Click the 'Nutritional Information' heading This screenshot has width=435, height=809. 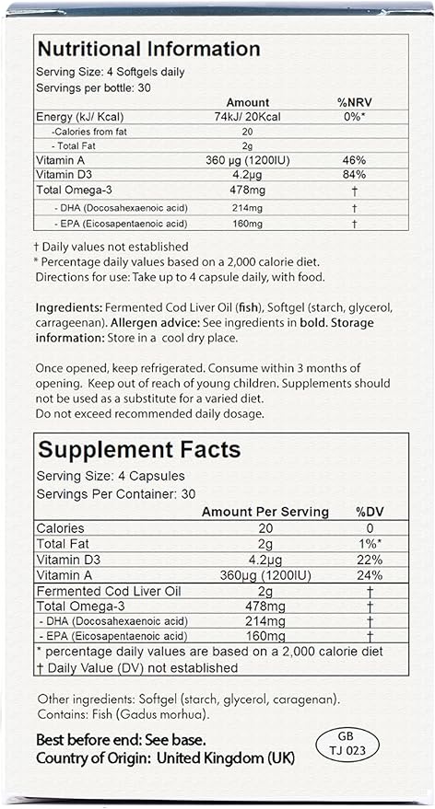(x=147, y=49)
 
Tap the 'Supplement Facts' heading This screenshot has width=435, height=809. (x=138, y=450)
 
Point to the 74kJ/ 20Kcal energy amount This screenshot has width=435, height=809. (x=246, y=117)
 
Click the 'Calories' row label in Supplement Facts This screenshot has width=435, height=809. (x=60, y=528)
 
